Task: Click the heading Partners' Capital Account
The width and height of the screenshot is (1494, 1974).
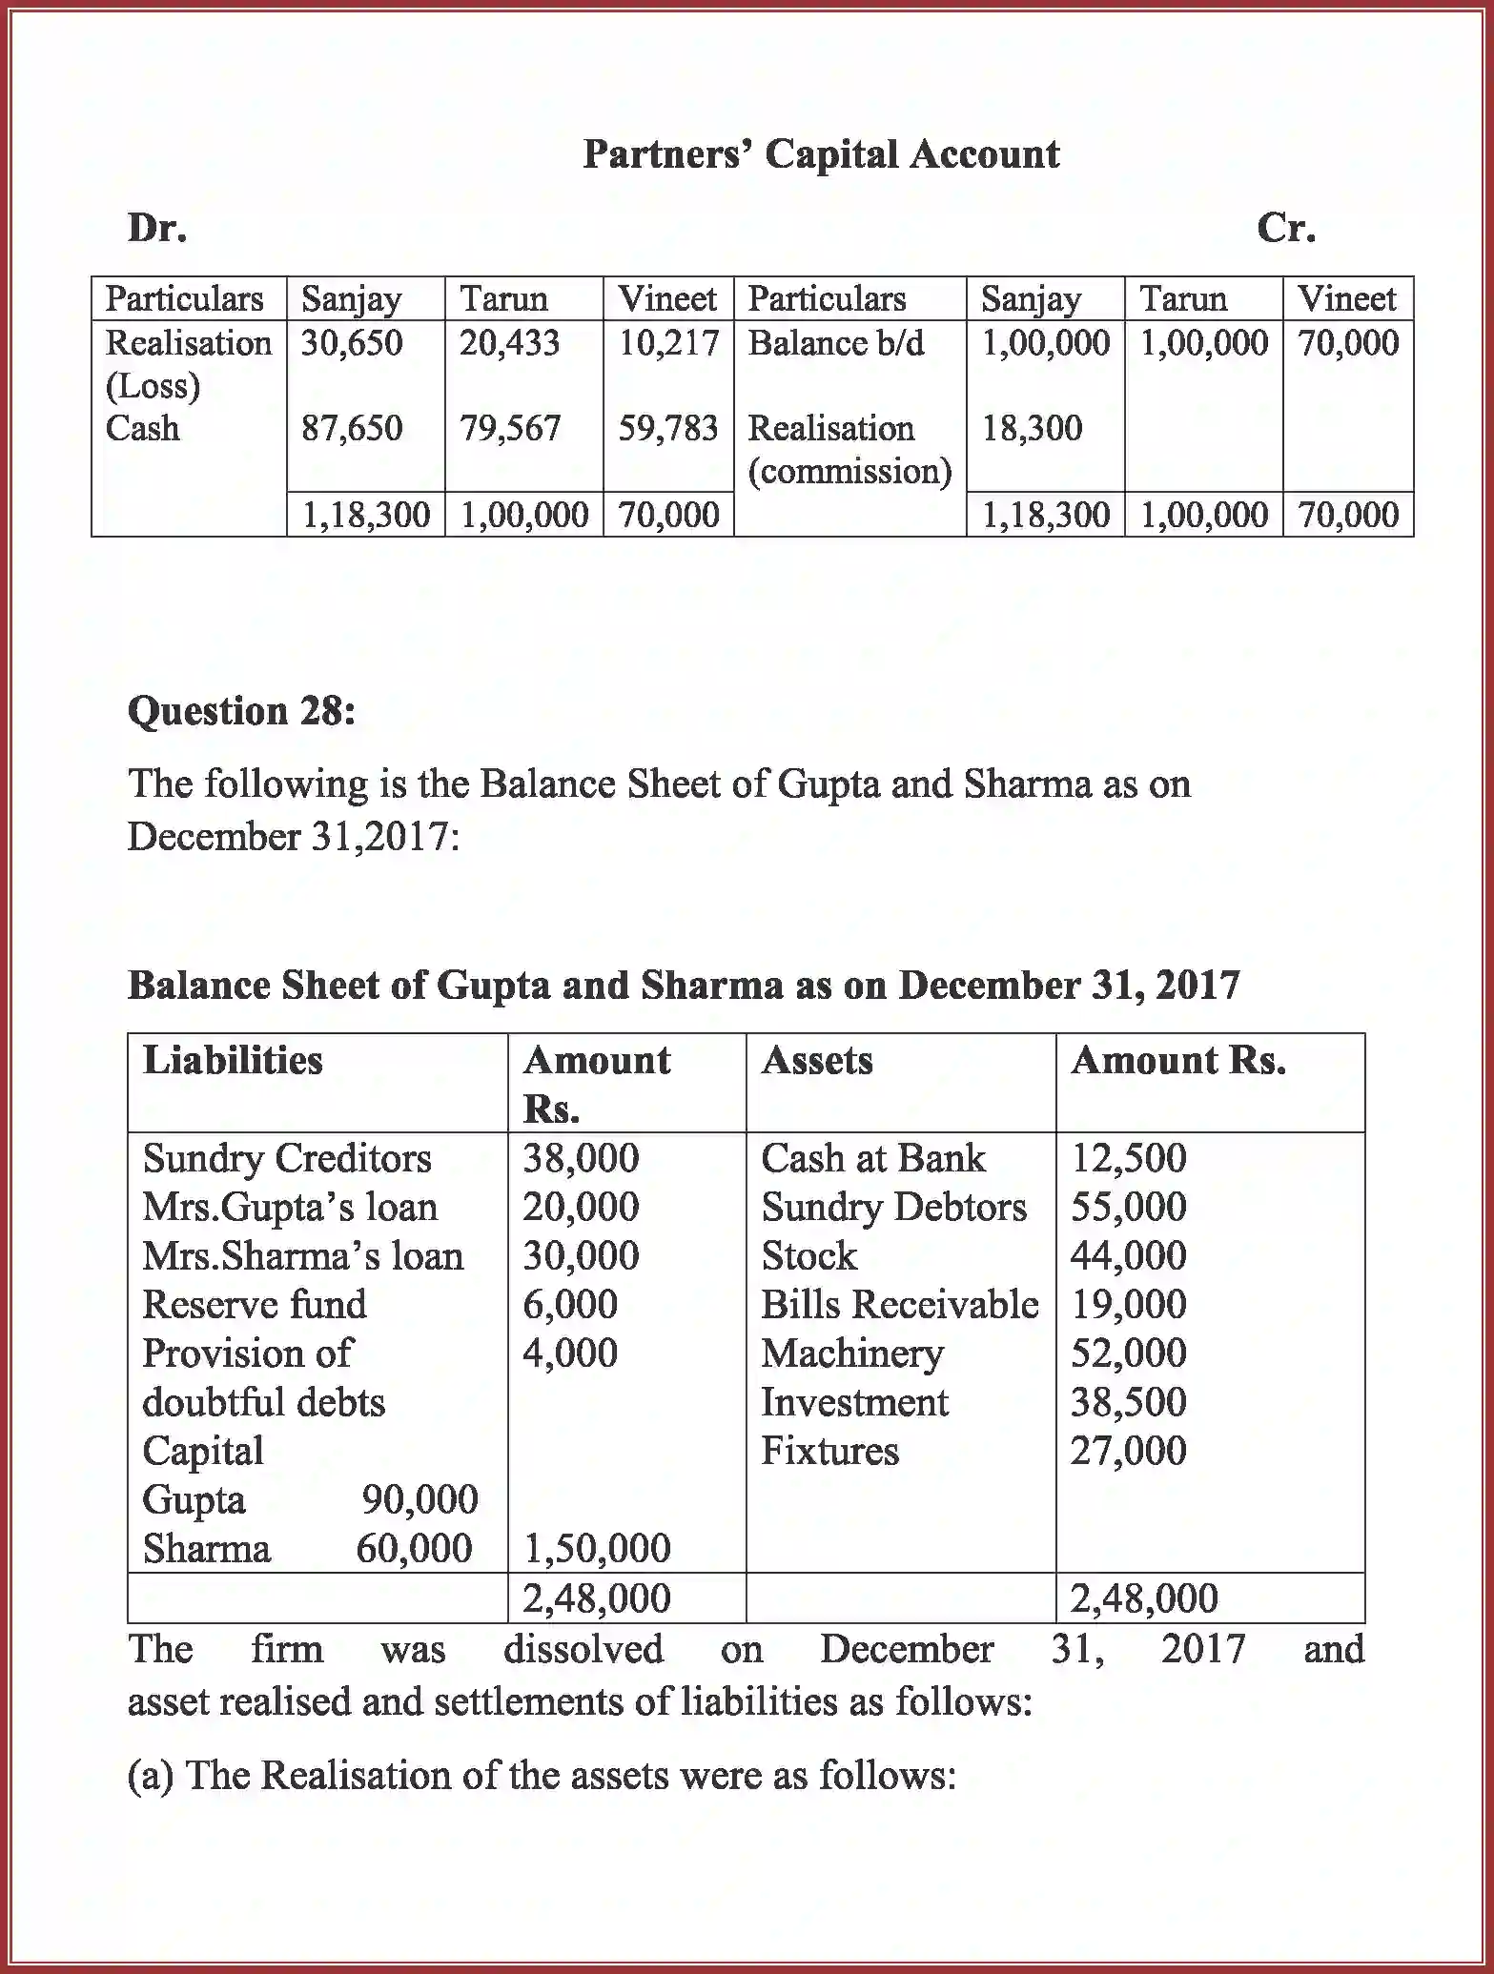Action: (820, 154)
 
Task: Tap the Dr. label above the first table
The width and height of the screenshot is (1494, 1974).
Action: (156, 229)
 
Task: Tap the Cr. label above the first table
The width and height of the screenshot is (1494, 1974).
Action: (1285, 229)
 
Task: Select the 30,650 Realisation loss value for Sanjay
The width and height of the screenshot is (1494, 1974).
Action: (352, 343)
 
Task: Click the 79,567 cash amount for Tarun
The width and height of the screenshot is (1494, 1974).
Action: (510, 429)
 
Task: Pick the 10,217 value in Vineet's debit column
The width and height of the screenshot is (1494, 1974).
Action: (668, 343)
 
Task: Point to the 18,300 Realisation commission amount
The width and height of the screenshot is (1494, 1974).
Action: (1032, 429)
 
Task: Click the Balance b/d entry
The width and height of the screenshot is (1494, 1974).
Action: (835, 343)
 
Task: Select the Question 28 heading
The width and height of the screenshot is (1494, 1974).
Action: (241, 711)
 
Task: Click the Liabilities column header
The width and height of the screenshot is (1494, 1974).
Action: (233, 1061)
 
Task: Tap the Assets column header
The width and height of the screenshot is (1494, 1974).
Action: (816, 1061)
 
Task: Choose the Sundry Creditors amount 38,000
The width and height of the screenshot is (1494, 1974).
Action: (581, 1159)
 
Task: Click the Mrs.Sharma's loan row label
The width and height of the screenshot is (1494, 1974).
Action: (302, 1256)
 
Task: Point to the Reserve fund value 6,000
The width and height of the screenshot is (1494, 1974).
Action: (570, 1305)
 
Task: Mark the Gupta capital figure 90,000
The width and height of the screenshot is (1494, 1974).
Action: (420, 1500)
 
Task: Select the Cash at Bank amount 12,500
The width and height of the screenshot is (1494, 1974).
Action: (1128, 1159)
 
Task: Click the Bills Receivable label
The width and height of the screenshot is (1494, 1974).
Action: (899, 1305)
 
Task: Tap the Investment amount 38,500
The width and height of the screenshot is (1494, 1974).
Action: (1128, 1402)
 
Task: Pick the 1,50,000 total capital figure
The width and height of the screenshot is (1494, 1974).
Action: (597, 1549)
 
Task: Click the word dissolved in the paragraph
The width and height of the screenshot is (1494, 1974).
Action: (583, 1650)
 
